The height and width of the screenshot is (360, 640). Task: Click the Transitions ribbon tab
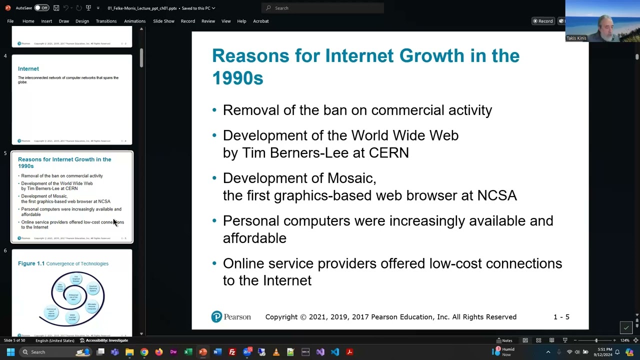tap(106, 21)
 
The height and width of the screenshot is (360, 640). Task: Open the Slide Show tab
tap(163, 21)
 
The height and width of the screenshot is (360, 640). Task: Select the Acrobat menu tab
tap(260, 21)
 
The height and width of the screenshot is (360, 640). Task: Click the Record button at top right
tap(542, 21)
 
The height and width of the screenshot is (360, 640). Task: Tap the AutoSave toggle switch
tap(41, 8)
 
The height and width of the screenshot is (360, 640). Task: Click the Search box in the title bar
tap(322, 8)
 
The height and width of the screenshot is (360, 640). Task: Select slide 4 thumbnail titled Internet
tap(72, 99)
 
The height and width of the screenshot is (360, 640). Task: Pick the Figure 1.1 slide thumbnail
tap(72, 292)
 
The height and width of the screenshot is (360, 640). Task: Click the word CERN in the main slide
tap(388, 152)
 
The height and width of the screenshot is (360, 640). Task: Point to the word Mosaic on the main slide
tap(350, 178)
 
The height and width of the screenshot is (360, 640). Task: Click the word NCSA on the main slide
tap(496, 195)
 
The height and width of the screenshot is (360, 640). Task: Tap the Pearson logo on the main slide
tap(231, 317)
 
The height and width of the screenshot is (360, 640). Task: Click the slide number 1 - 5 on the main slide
tap(561, 317)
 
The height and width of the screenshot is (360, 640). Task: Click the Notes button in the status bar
tap(504, 340)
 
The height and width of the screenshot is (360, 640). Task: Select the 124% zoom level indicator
tap(624, 340)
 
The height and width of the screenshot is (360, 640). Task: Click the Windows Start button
tap(10, 352)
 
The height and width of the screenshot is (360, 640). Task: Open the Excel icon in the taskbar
tap(188, 352)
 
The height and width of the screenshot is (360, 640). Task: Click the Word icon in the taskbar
tap(217, 352)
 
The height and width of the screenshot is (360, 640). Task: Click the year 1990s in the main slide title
tap(237, 78)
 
